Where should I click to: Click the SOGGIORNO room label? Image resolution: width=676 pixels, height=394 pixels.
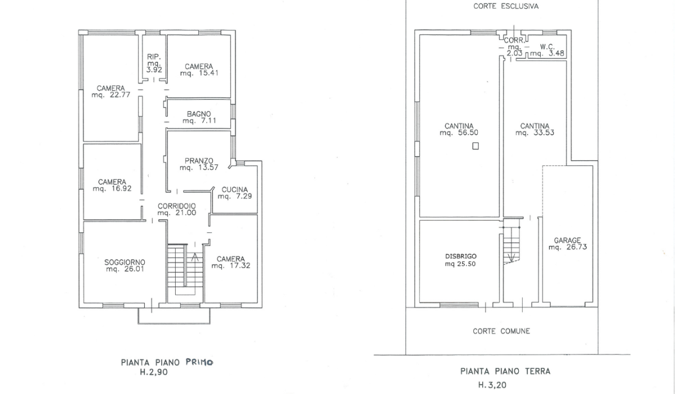(x=124, y=262)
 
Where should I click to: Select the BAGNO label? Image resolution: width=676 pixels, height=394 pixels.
(x=198, y=114)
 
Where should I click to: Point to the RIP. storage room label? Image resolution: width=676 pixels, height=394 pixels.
(x=154, y=57)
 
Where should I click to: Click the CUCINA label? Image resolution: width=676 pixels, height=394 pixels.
(x=234, y=190)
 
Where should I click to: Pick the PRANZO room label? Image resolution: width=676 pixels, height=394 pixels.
(x=199, y=160)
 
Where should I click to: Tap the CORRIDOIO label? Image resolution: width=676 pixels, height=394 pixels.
(x=176, y=206)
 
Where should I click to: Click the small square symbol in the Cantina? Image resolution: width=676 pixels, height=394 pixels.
(x=475, y=146)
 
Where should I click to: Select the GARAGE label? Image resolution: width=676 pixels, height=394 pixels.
(x=567, y=240)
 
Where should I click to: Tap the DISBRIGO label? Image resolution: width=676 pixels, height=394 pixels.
(x=461, y=256)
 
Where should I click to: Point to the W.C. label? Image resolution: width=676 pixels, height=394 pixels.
(x=547, y=47)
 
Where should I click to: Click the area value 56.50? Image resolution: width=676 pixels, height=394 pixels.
(x=468, y=133)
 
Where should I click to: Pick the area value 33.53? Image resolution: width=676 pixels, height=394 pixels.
(x=544, y=133)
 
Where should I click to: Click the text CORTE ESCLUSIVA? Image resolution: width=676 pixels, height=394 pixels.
(x=506, y=6)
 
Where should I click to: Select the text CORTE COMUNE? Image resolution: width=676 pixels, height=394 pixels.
(x=501, y=332)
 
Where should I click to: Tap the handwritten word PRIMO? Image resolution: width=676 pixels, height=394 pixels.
(x=199, y=362)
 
